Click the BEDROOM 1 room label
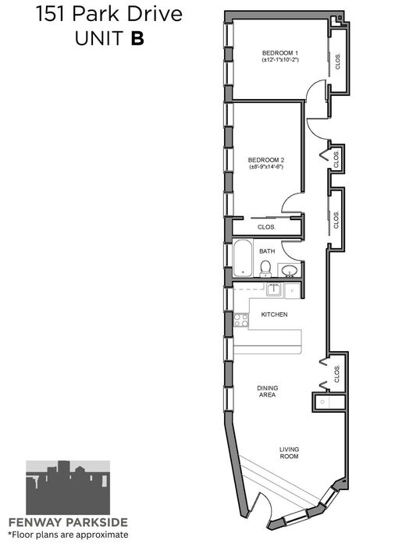point(280,53)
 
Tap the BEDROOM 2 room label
point(266,160)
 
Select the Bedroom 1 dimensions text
point(280,59)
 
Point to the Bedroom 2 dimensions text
point(266,167)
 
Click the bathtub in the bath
point(243,258)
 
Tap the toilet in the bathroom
point(265,268)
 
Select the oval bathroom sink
point(289,270)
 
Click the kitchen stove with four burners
point(241,320)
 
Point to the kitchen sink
point(275,290)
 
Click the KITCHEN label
point(274,315)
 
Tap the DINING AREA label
point(267,391)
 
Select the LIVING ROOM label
point(289,453)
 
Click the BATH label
point(267,251)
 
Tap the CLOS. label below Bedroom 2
point(266,227)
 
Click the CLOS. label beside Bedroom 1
point(338,62)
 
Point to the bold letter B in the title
point(137,38)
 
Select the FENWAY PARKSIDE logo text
point(68,522)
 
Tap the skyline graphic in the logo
point(68,488)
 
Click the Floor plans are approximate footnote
point(68,535)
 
